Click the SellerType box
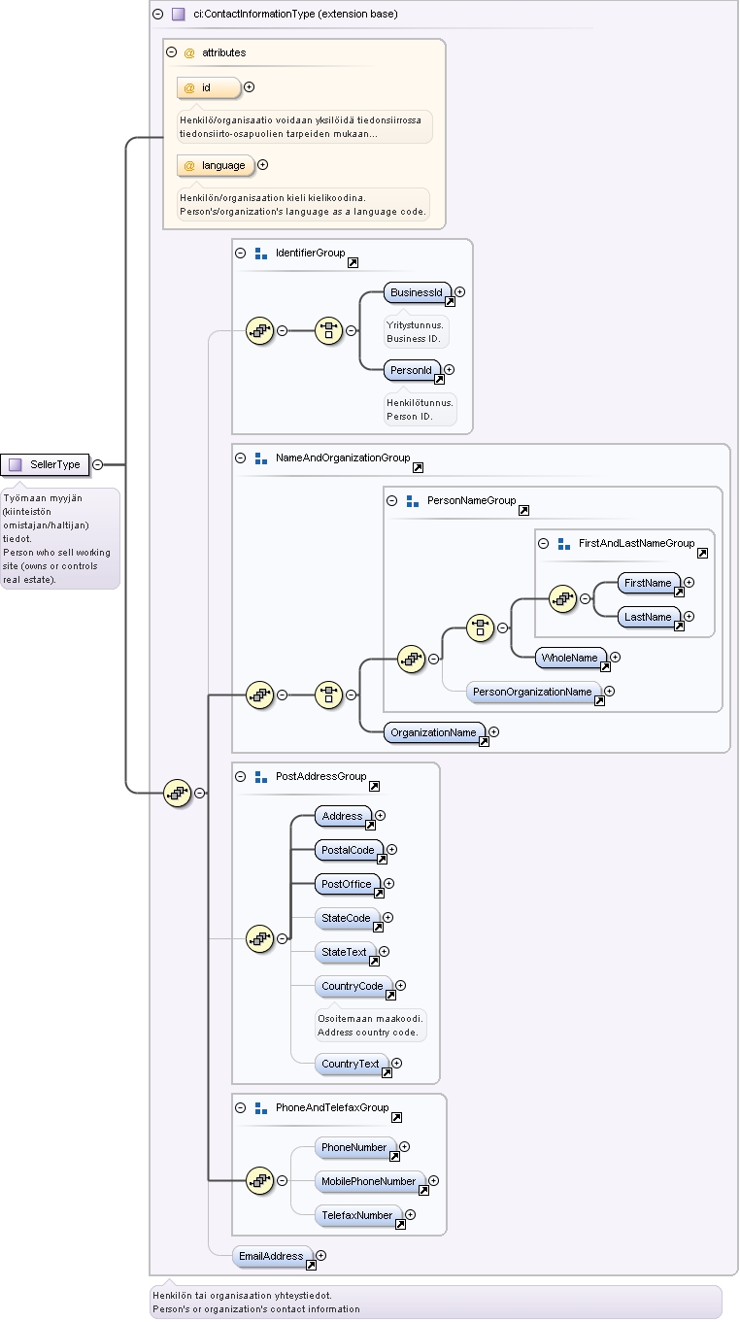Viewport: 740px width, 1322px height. click(x=45, y=464)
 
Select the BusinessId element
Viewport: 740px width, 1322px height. click(x=418, y=292)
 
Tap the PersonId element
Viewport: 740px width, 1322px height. click(x=412, y=371)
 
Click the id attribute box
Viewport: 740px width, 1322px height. click(x=209, y=88)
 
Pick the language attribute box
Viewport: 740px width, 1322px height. click(x=216, y=166)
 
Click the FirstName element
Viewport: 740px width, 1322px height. click(x=649, y=583)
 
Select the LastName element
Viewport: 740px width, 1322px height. click(x=649, y=618)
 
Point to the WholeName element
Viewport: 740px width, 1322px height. click(x=571, y=658)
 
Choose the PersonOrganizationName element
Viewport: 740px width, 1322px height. click(x=533, y=693)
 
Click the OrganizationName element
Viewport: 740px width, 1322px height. click(x=434, y=733)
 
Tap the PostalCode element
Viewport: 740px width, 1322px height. click(x=349, y=851)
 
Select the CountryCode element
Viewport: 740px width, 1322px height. click(x=353, y=986)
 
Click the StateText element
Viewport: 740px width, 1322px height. click(x=345, y=952)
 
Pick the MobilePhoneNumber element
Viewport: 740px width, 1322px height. click(x=370, y=1181)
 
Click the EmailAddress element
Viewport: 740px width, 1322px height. click(x=273, y=1257)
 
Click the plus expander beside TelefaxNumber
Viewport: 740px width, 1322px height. click(x=411, y=1214)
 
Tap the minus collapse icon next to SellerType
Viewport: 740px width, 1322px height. click(x=98, y=464)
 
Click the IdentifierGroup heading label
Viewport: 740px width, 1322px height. click(x=311, y=253)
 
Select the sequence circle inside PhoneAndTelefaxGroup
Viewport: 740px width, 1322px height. click(x=259, y=1181)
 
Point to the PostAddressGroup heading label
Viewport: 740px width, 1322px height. click(x=321, y=776)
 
